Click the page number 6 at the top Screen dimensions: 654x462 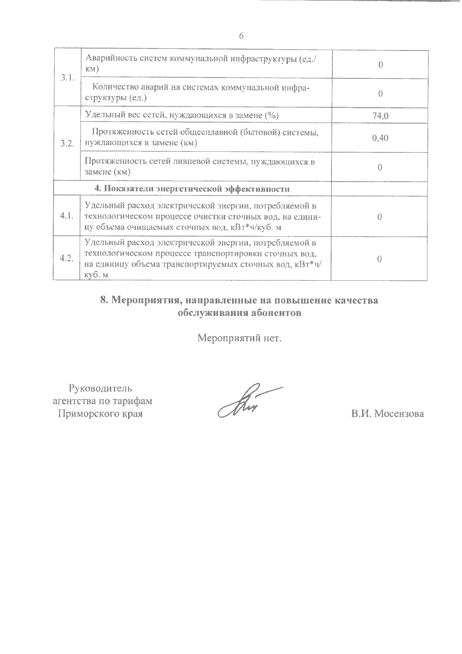pos(241,36)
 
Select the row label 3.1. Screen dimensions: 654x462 pos(67,78)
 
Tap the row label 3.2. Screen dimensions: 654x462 pos(67,144)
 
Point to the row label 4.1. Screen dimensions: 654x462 pos(67,216)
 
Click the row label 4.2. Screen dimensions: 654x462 pos(67,258)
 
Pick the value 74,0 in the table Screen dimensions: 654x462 pos(380,116)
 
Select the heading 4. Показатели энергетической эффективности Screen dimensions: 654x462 pos(192,189)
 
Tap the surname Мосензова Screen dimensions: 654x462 pos(399,414)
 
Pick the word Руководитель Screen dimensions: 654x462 pos(101,388)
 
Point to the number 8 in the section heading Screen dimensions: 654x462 pos(103,300)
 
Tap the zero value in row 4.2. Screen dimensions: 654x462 pos(379,259)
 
